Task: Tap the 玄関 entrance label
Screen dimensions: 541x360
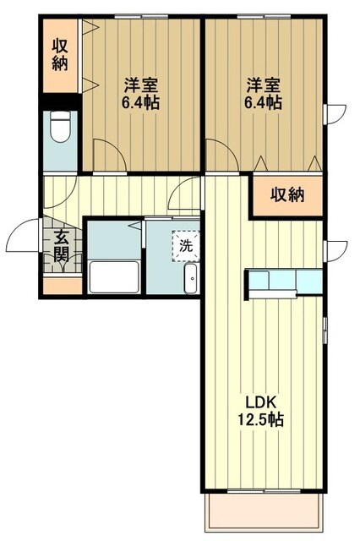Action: [x=63, y=245]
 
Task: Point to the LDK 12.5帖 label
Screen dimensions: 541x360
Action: [x=264, y=408]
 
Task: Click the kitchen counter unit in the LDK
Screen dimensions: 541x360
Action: [x=283, y=281]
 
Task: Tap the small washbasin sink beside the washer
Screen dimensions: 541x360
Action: [x=191, y=277]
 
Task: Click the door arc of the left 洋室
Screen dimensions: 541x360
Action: [x=108, y=155]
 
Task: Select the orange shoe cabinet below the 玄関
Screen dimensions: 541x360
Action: [x=62, y=285]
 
